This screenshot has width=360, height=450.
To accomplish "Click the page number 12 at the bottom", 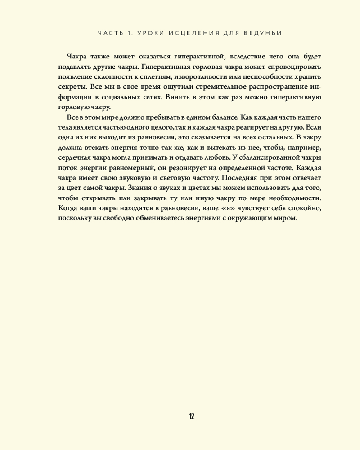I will point(192,416).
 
